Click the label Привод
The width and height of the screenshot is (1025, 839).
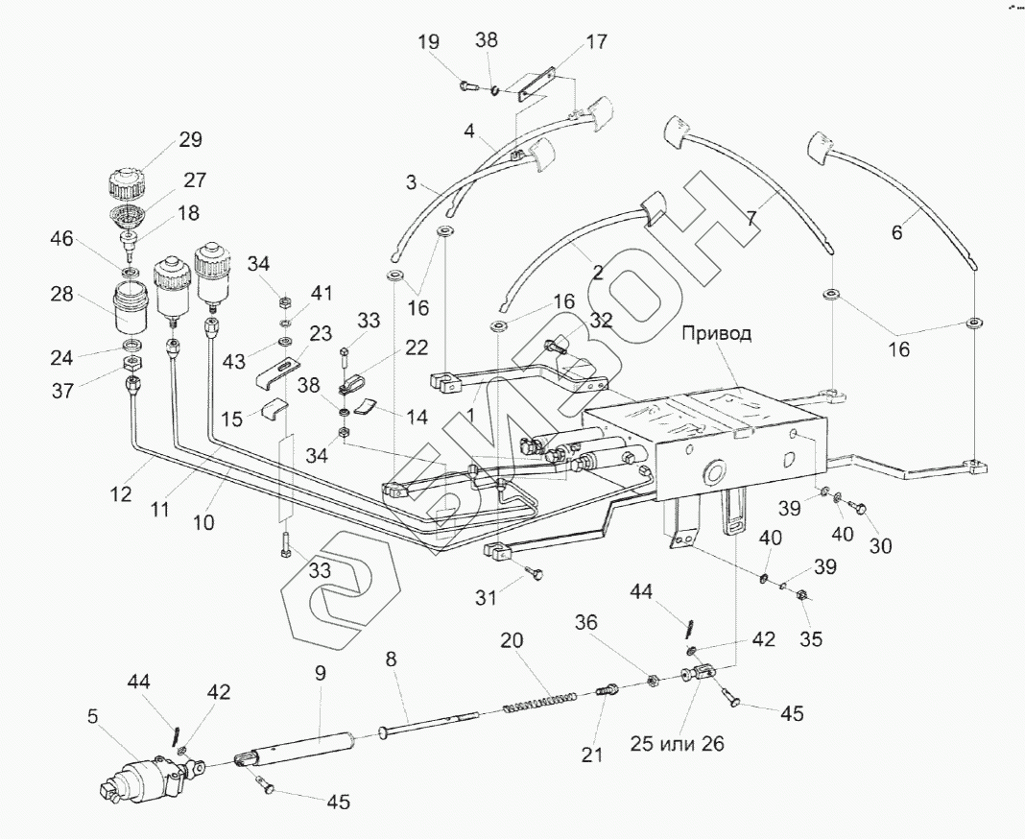pos(716,333)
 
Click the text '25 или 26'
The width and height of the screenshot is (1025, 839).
pos(678,744)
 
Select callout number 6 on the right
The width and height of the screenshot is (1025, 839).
pos(896,233)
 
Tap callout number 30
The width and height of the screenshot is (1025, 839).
pos(880,544)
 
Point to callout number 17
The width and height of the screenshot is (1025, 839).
pos(596,42)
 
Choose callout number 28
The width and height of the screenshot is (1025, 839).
pos(62,294)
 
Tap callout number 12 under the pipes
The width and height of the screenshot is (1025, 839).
pos(120,493)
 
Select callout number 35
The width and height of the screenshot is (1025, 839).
pos(811,638)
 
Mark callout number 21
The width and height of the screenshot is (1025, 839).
pos(591,755)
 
